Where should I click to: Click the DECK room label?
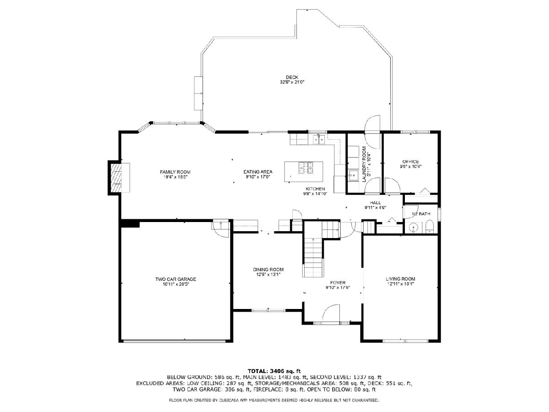click(x=291, y=77)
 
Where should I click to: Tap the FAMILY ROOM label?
click(x=175, y=172)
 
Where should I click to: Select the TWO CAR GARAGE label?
click(x=176, y=279)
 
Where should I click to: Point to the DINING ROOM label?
click(x=268, y=270)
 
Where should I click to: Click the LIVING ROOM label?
click(x=400, y=279)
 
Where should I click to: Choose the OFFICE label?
click(x=410, y=162)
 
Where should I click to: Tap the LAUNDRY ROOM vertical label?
click(x=364, y=164)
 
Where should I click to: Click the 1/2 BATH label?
click(x=421, y=214)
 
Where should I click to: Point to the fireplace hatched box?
click(x=116, y=177)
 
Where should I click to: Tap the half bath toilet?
click(x=429, y=227)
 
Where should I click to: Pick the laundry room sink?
click(x=353, y=174)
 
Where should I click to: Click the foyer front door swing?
click(x=331, y=313)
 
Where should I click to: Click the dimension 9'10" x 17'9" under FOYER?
click(x=338, y=287)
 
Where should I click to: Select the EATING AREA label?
click(x=258, y=172)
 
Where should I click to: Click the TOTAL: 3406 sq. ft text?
click(x=274, y=371)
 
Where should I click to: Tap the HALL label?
click(x=375, y=203)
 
